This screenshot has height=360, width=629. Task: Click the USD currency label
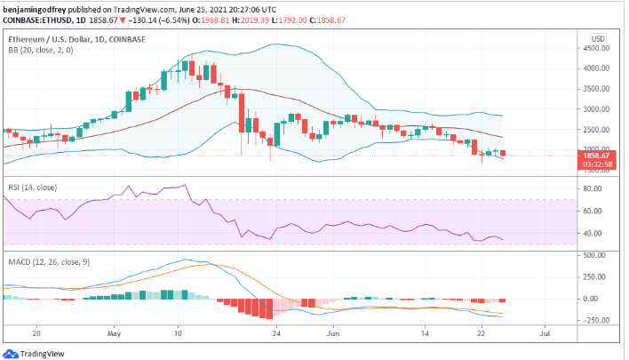click(x=598, y=39)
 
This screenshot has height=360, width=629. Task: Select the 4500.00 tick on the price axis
click(x=597, y=49)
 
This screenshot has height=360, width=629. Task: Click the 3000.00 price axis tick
click(x=597, y=109)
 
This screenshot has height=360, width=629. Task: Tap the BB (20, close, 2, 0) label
click(x=42, y=52)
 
